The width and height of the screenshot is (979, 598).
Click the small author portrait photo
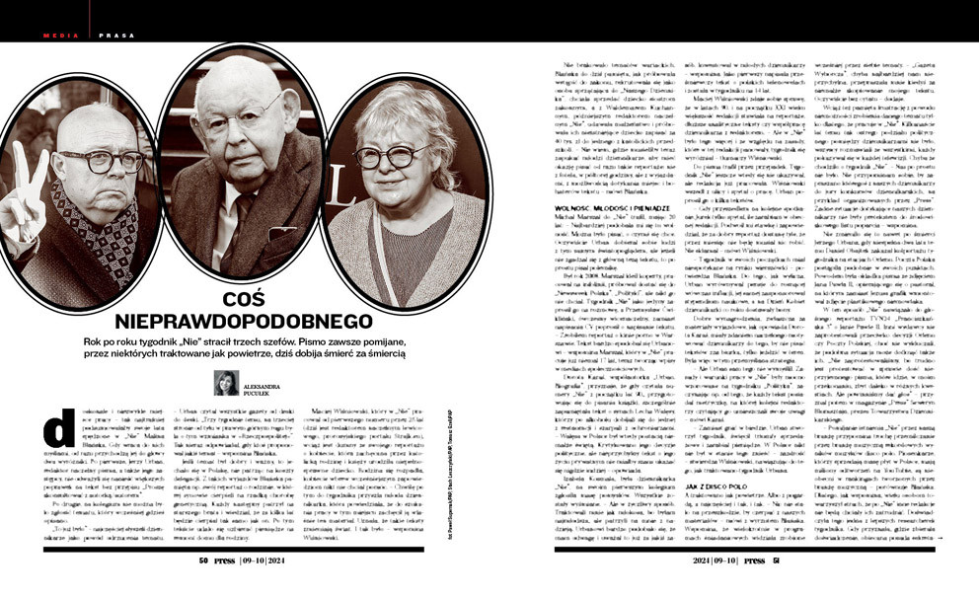click(225, 383)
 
